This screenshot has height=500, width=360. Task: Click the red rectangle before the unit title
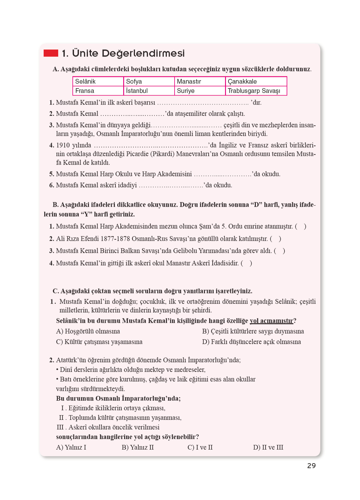click(51, 53)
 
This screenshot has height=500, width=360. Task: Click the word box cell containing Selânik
click(98, 81)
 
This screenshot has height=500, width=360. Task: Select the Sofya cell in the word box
click(149, 81)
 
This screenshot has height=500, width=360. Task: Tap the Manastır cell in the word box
click(200, 81)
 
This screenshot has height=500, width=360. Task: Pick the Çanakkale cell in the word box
click(256, 81)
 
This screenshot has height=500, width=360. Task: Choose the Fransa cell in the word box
click(98, 91)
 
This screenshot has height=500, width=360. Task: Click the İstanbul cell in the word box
click(149, 91)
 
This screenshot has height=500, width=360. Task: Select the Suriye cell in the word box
click(200, 91)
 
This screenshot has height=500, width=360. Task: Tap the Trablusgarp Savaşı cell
click(256, 91)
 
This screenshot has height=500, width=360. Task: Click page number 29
click(311, 466)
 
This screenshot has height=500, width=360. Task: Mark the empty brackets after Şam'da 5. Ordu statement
click(301, 226)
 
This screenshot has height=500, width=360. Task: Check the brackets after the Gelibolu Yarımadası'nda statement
click(280, 251)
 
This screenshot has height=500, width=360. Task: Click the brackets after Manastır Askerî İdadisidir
click(246, 263)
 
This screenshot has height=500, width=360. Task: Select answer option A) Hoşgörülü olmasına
click(88, 331)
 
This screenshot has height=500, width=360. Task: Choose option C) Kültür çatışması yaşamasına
click(99, 342)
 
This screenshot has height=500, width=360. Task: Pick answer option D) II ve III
click(268, 447)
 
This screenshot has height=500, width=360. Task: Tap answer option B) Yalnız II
click(138, 447)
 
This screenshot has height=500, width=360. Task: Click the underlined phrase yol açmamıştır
click(271, 321)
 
